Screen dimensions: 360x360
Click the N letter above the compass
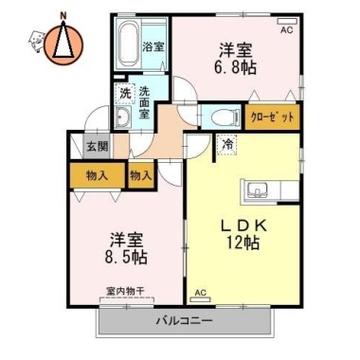coord(63,15)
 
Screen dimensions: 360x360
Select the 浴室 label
coord(153,47)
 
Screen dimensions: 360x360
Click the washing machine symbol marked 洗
coord(125,94)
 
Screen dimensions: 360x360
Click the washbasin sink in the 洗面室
coord(123,117)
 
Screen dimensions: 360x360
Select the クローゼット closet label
coord(272,117)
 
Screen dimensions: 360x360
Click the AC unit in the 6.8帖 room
coord(287,22)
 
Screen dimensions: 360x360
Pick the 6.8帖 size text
coord(235,67)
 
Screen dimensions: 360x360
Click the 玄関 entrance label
coord(98,147)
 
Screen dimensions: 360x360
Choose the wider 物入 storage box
coord(98,175)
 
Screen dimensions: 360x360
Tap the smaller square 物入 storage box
coord(141,175)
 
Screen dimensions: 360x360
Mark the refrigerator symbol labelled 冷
coord(226,145)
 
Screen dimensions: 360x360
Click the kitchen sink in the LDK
coord(258,189)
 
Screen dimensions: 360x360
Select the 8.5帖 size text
coord(126,257)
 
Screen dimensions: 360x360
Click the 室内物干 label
coord(125,291)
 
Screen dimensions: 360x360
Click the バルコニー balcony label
coord(185,321)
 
